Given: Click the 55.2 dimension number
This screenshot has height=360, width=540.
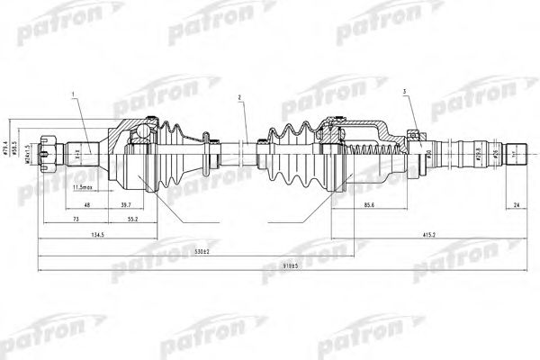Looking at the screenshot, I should pyautogui.click(x=131, y=219).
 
